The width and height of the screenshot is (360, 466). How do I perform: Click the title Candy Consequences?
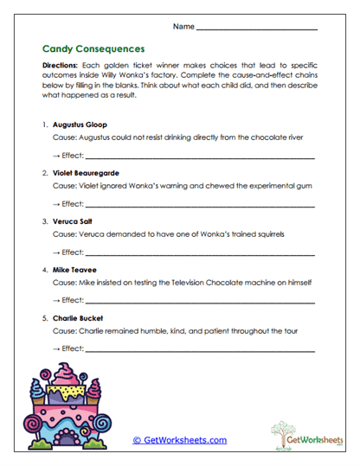[x=93, y=49]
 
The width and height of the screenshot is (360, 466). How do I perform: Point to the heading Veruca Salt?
[x=74, y=221]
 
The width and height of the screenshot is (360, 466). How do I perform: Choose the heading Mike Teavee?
[x=76, y=270]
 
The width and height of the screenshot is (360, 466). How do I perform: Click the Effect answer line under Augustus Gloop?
[x=199, y=156]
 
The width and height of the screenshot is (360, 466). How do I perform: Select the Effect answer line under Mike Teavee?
[x=199, y=301]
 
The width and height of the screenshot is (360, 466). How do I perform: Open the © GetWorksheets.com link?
[x=179, y=440]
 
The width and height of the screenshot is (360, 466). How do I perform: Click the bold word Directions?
[x=59, y=66]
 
